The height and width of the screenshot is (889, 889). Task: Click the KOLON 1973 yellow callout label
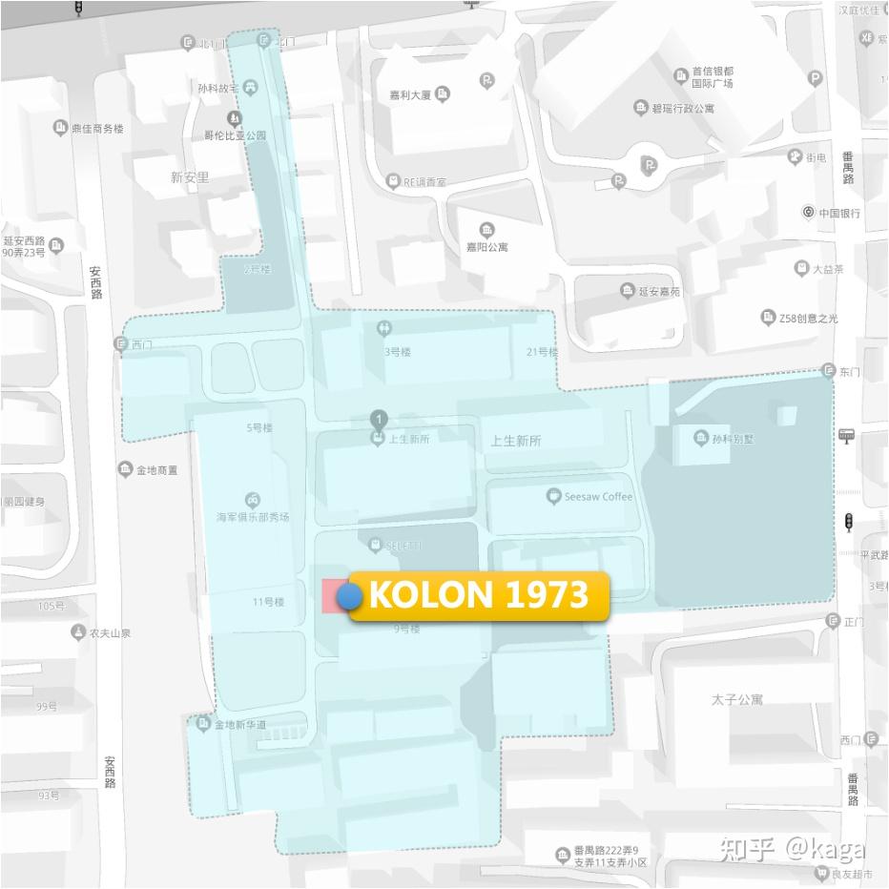pos(479,595)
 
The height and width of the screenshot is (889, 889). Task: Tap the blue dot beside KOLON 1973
pos(349,597)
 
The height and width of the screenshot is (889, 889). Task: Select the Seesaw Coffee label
pos(598,496)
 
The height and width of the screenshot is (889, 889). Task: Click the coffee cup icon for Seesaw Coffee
pos(553,496)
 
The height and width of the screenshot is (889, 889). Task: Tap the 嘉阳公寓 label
pos(486,246)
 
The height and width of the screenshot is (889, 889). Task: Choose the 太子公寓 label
pos(736,699)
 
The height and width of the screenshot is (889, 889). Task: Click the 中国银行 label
pos(838,213)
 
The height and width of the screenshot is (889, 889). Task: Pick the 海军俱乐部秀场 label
pos(252,517)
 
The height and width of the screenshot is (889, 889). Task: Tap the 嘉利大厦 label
pos(411,94)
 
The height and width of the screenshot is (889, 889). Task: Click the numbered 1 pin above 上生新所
pos(380,419)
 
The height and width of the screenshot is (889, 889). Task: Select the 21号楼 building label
pos(541,352)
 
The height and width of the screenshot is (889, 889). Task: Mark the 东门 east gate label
pos(849,372)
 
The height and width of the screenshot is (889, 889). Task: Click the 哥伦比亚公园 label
pos(229,135)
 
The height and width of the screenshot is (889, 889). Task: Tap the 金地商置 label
pos(156,469)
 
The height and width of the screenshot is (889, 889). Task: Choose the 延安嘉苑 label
pos(659,291)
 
